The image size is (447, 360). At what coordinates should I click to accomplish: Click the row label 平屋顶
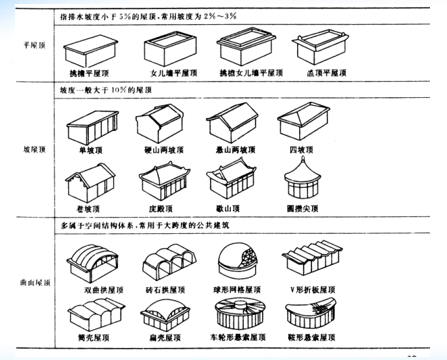tap(22, 47)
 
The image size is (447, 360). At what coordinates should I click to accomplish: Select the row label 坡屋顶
tap(22, 148)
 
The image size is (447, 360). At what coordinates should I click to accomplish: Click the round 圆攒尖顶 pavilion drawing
tap(306, 177)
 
